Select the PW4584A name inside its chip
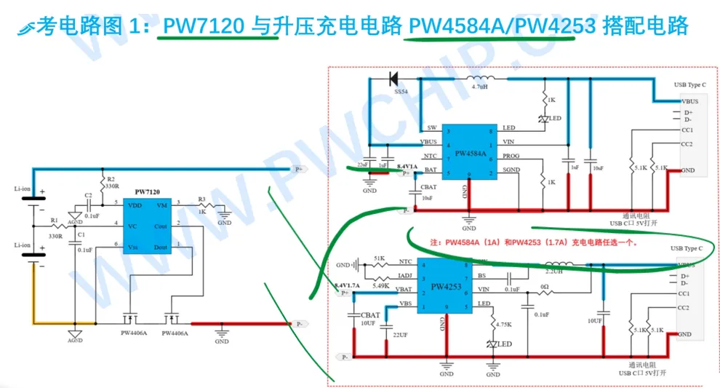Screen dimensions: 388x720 point(471,154)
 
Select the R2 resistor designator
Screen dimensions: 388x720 point(111,179)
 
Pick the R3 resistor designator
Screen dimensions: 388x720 point(202,197)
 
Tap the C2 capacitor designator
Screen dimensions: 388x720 point(88,195)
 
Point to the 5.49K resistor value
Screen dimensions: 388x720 point(380,285)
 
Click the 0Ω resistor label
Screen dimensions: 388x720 point(543,286)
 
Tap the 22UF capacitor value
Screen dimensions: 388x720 point(401,334)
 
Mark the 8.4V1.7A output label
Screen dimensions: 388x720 point(347,285)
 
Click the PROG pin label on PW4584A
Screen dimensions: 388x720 point(511,157)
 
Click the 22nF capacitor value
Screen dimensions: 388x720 point(362,165)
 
